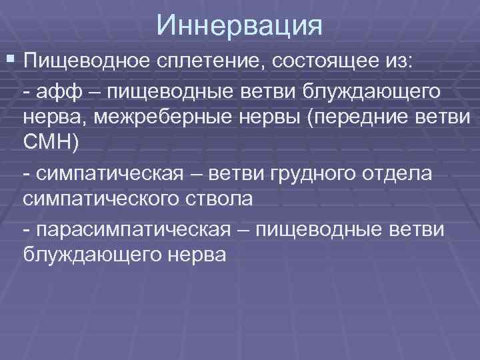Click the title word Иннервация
[x=240, y=26]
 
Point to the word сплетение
[x=191, y=62]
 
